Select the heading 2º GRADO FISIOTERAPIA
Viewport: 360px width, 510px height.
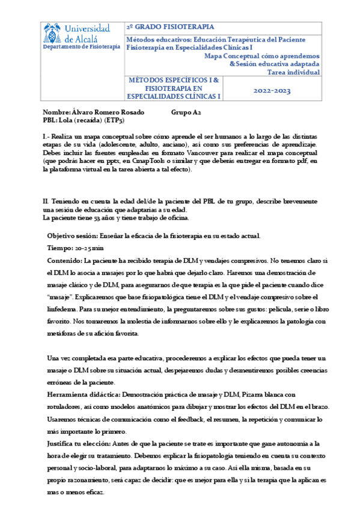pyautogui.click(x=169, y=28)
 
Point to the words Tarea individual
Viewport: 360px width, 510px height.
pyautogui.click(x=293, y=72)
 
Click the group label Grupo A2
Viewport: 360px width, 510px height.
pyautogui.click(x=186, y=112)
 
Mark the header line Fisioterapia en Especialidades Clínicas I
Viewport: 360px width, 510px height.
pyautogui.click(x=189, y=48)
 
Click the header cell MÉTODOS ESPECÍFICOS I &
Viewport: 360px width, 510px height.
pyautogui.click(x=175, y=79)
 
